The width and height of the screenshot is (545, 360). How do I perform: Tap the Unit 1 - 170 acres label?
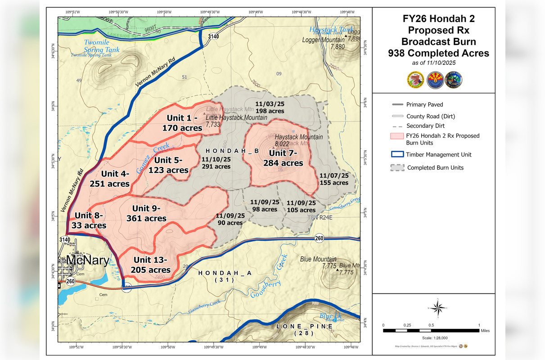pyautogui.click(x=182, y=123)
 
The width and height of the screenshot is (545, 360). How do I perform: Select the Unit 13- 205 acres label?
pyautogui.click(x=151, y=265)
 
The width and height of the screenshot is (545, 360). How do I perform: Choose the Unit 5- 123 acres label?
pyautogui.click(x=169, y=165)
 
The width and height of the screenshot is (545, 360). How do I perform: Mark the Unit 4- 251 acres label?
pyautogui.click(x=110, y=179)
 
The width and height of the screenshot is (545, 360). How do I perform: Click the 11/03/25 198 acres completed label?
pyautogui.click(x=270, y=107)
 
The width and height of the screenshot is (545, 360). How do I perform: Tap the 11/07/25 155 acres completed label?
pyautogui.click(x=334, y=179)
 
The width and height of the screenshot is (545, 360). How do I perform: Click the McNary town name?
pyautogui.click(x=88, y=260)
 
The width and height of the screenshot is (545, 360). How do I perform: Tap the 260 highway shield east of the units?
pyautogui.click(x=319, y=238)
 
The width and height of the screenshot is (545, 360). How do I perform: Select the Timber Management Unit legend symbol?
pyautogui.click(x=396, y=154)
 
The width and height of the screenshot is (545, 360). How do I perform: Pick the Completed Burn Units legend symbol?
pyautogui.click(x=396, y=168)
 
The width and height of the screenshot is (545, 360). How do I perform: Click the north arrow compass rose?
pyautogui.click(x=436, y=308)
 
